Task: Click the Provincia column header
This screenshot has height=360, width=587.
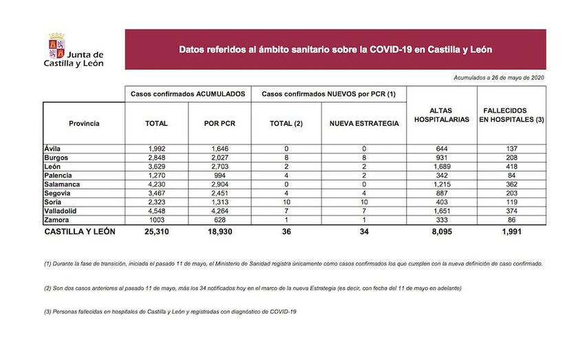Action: pyautogui.click(x=84, y=124)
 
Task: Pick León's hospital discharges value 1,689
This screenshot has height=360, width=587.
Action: pyautogui.click(x=442, y=167)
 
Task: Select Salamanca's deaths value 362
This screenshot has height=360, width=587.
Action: pyautogui.click(x=511, y=184)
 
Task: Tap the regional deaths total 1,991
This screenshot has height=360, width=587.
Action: pyautogui.click(x=511, y=232)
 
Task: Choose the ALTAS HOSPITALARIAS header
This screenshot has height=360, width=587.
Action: pyautogui.click(x=442, y=115)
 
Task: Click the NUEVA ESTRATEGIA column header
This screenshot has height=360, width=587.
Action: pyautogui.click(x=364, y=124)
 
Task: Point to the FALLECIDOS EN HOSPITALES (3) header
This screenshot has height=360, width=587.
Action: pyautogui.click(x=511, y=115)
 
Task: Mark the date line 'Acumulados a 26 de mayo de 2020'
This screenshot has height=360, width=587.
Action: pyautogui.click(x=500, y=78)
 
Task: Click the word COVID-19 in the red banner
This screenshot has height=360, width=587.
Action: pyautogui.click(x=393, y=50)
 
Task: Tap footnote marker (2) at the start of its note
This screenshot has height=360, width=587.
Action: pyautogui.click(x=47, y=288)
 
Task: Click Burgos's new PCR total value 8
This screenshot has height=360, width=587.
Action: pyautogui.click(x=286, y=158)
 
